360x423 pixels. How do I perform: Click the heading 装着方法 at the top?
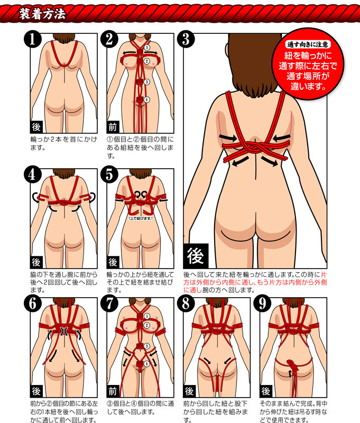[42, 13]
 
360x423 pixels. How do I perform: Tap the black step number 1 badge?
[33, 39]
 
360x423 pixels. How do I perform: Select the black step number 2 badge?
[109, 39]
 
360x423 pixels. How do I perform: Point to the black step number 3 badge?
[186, 39]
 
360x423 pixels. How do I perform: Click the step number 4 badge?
[33, 174]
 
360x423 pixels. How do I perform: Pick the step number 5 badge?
[109, 174]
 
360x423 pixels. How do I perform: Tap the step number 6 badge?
[33, 304]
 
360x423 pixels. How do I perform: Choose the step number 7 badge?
[109, 304]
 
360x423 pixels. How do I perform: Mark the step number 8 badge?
[186, 304]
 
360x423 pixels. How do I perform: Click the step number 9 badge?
[263, 304]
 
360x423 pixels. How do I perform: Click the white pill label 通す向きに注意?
[308, 44]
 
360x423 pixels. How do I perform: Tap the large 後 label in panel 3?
[196, 256]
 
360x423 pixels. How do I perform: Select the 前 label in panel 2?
[113, 127]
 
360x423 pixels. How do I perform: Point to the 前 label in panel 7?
[113, 391]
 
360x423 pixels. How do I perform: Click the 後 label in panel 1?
[36, 127]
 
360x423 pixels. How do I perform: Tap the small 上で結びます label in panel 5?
[141, 218]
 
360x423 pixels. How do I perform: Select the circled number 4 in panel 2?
[147, 100]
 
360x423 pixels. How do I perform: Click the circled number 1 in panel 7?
[147, 316]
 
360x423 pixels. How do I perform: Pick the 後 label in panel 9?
[266, 391]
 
